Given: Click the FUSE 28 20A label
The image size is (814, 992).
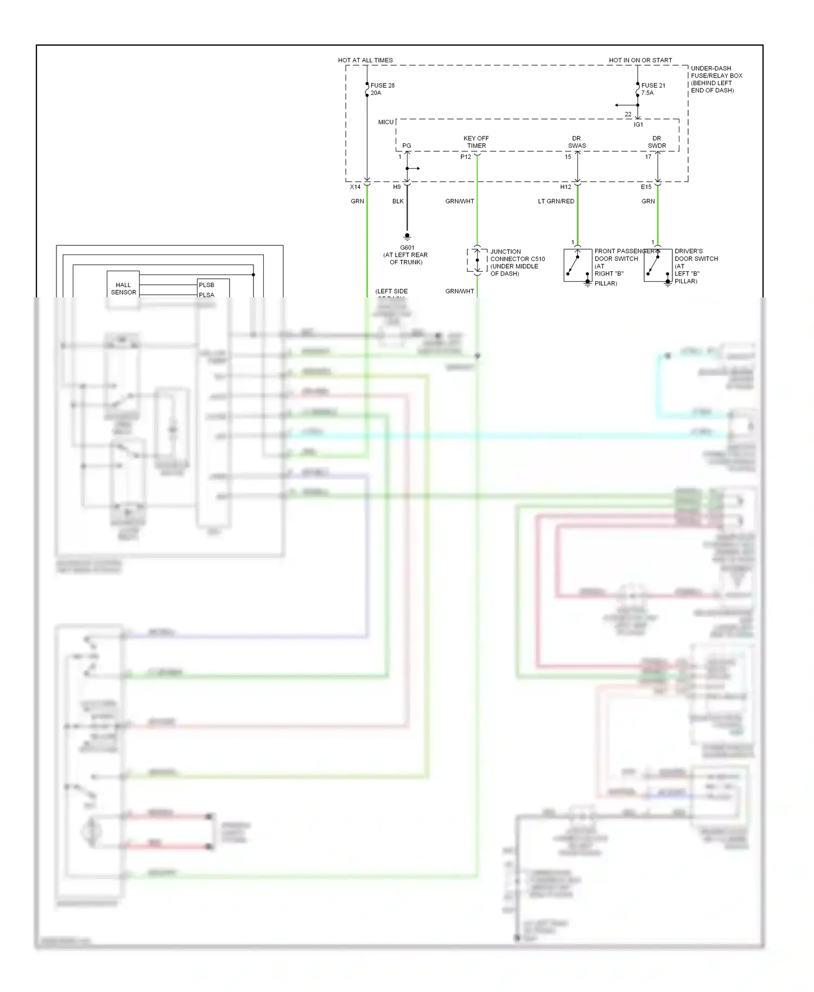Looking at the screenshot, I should pyautogui.click(x=382, y=89).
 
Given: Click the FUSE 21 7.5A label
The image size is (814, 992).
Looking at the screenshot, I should pyautogui.click(x=653, y=89).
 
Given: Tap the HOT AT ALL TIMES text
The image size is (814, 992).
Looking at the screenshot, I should pyautogui.click(x=365, y=60).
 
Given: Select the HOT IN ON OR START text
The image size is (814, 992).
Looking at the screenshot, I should pyautogui.click(x=640, y=60).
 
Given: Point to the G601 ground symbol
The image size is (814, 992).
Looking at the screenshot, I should pyautogui.click(x=407, y=237).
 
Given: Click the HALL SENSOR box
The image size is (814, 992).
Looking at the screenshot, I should pyautogui.click(x=123, y=288).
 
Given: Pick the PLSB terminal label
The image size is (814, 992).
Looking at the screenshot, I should pyautogui.click(x=206, y=285).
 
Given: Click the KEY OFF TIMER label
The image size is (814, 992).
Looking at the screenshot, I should pyautogui.click(x=476, y=142).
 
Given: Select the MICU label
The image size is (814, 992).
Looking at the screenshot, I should pyautogui.click(x=386, y=122).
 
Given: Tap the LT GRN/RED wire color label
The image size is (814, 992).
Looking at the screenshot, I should pyautogui.click(x=556, y=201).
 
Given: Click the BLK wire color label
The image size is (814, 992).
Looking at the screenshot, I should pyautogui.click(x=398, y=201).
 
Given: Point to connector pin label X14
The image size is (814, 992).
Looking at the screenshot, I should pyautogui.click(x=355, y=187).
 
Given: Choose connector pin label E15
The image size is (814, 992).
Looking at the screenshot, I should pyautogui.click(x=646, y=187).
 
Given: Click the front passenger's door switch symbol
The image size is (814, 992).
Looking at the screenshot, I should pyautogui.click(x=577, y=265).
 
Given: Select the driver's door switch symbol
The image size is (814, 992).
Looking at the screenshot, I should pyautogui.click(x=658, y=265).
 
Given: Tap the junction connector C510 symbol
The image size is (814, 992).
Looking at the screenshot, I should pyautogui.click(x=476, y=260).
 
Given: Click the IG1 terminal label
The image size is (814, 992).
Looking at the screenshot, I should pyautogui.click(x=638, y=125).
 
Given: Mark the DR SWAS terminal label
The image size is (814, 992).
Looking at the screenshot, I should pyautogui.click(x=576, y=142).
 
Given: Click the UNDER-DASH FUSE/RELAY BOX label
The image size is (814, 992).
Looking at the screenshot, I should pyautogui.click(x=716, y=79).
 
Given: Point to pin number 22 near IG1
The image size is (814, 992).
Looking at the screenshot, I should pyautogui.click(x=628, y=115).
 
